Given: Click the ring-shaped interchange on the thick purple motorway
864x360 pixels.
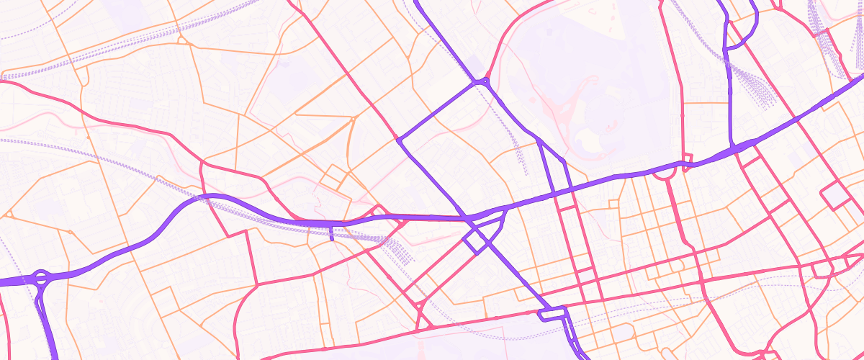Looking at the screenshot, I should tap(41, 278).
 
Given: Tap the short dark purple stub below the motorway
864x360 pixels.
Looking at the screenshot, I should tap(331, 233).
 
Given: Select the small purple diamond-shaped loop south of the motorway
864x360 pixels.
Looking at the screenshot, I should tap(475, 240).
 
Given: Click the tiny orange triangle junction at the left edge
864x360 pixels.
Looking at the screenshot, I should tap(10, 214).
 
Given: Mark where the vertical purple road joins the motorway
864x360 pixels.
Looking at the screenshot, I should tap(732, 148).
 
